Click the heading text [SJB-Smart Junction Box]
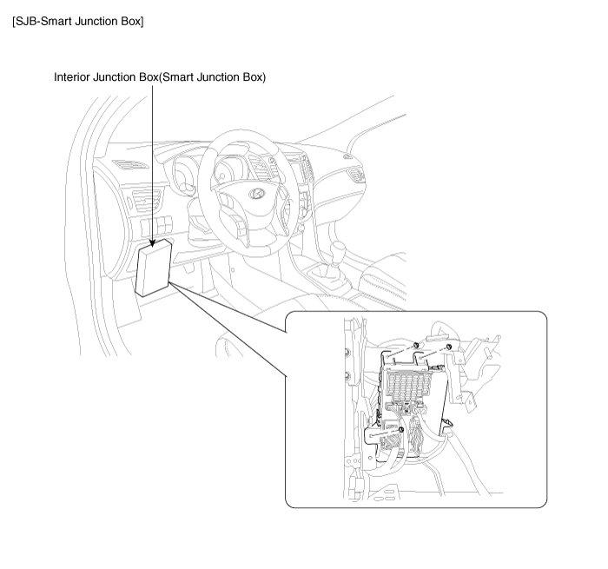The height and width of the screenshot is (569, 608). tap(78, 22)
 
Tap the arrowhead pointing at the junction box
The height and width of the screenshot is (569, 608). tap(152, 242)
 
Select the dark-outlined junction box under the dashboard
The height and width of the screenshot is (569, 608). tap(154, 268)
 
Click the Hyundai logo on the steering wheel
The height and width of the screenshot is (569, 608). tap(256, 193)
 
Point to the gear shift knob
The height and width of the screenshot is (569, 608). tap(338, 248)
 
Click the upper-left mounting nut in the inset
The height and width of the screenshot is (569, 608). tap(415, 345)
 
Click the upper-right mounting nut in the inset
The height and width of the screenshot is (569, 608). tap(449, 347)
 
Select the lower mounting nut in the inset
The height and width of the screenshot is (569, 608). tap(401, 430)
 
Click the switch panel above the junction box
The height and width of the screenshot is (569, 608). tap(156, 225)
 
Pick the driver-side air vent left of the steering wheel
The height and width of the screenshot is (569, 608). tap(147, 201)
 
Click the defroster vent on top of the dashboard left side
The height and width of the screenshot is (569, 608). tap(130, 165)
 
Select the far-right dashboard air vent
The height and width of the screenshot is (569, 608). tap(355, 175)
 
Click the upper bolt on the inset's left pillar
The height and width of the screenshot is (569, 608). tap(347, 353)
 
